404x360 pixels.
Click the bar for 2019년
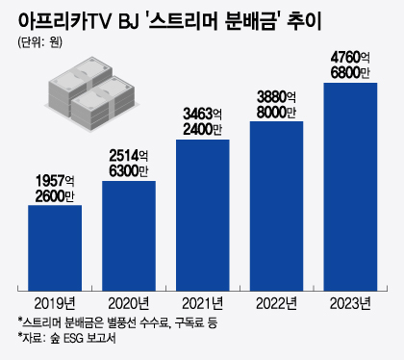tap(54, 246)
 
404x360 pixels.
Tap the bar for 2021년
tap(202, 214)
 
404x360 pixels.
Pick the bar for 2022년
tap(276, 204)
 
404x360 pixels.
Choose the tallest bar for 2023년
tap(350, 186)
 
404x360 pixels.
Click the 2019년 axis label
tap(54, 301)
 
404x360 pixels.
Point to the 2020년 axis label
tap(128, 301)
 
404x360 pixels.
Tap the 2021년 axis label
tap(202, 301)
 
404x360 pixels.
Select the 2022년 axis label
tap(276, 301)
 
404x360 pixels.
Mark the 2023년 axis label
tap(350, 301)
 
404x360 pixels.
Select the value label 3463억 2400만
tap(202, 119)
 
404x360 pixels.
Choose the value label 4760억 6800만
tap(350, 64)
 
